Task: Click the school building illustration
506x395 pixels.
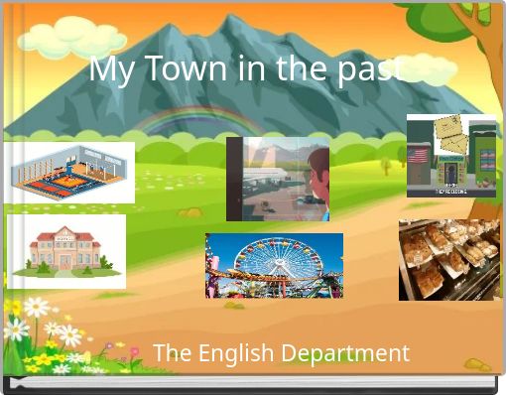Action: (65, 252)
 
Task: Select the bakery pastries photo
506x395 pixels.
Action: (448, 259)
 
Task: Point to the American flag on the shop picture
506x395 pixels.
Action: (419, 156)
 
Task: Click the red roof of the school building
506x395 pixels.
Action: (65, 236)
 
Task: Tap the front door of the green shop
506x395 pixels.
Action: (451, 177)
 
